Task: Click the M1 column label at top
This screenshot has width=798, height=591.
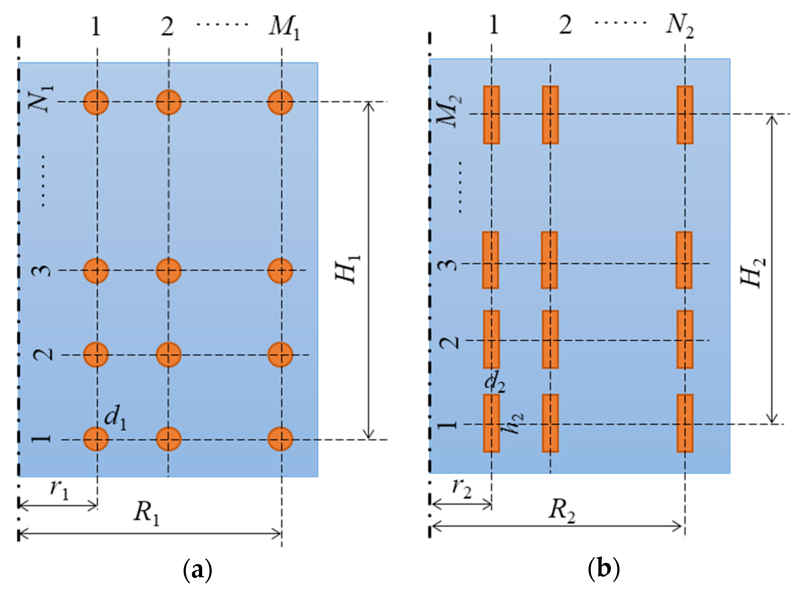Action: pos(284,28)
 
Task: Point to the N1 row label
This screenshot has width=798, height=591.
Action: pos(45,99)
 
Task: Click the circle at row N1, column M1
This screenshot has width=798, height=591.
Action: pos(281,102)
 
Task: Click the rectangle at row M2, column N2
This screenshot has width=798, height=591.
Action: pos(685,115)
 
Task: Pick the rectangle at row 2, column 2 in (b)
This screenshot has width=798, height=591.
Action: pos(550,339)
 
